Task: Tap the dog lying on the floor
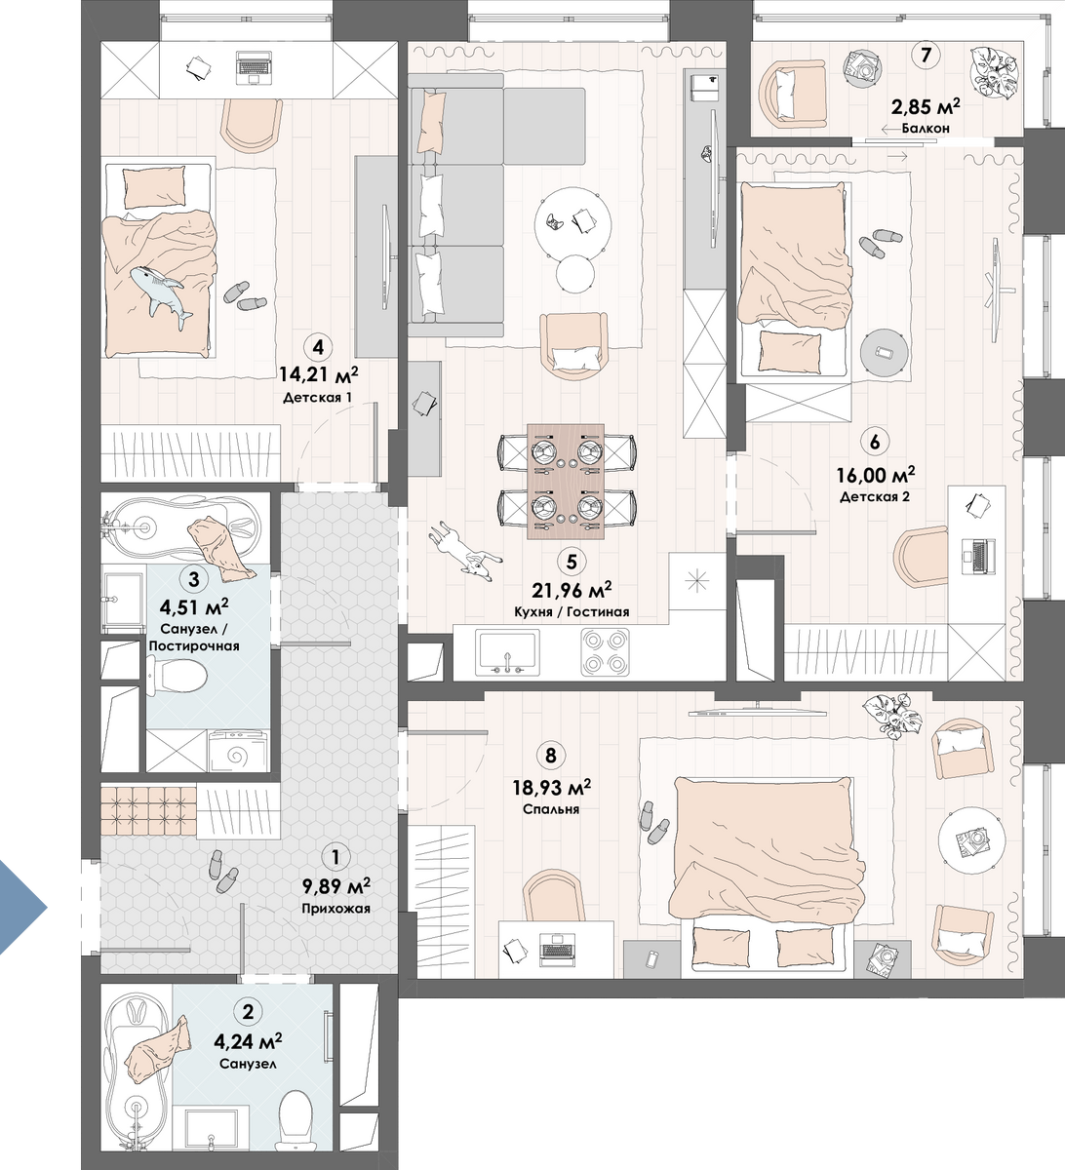pyautogui.click(x=464, y=552)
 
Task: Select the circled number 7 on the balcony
pyautogui.click(x=926, y=56)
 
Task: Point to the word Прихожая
pyautogui.click(x=335, y=908)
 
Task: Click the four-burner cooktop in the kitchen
pyautogui.click(x=605, y=652)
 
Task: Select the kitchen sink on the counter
pyautogui.click(x=506, y=652)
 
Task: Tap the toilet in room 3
pyautogui.click(x=176, y=678)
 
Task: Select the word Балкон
pyautogui.click(x=926, y=129)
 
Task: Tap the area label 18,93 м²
pyautogui.click(x=551, y=788)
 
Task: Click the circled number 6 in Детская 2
pyautogui.click(x=874, y=442)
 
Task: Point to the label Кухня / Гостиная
pyautogui.click(x=572, y=612)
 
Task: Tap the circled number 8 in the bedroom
pyautogui.click(x=550, y=756)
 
